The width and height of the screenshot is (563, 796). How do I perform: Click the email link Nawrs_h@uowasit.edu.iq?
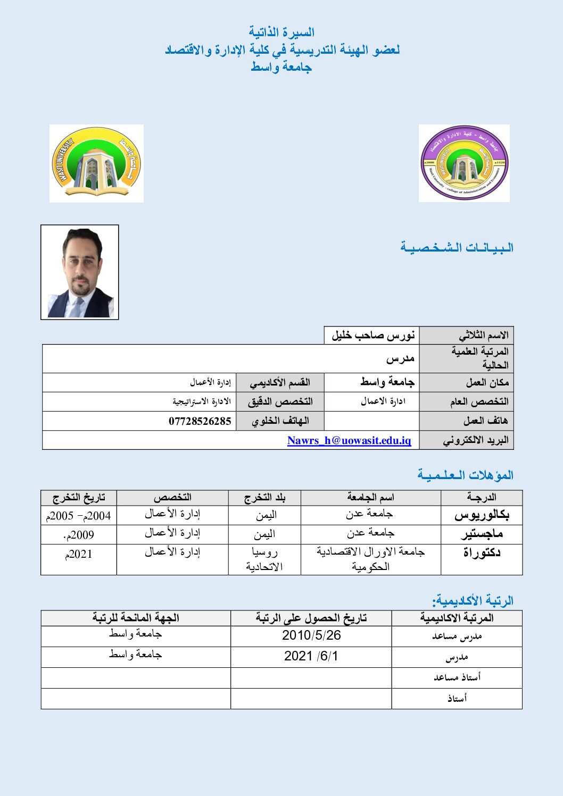tap(349, 440)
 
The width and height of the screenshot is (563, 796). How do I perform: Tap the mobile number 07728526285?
tap(200, 421)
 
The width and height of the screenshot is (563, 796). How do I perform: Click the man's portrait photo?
tap(80, 272)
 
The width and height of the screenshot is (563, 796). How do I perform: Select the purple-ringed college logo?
tap(464, 163)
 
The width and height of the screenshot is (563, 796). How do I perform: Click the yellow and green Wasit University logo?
tap(96, 163)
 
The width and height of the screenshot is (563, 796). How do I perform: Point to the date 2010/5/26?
tap(311, 635)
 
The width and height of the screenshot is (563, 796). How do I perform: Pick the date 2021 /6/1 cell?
tap(311, 656)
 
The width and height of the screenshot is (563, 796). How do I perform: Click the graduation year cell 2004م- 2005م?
tap(79, 515)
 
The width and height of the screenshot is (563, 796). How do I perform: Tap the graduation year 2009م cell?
tap(79, 535)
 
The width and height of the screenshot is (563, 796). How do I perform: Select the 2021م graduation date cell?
tap(79, 554)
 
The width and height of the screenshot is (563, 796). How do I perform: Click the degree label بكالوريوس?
tap(482, 515)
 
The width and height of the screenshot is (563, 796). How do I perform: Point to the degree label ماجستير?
tap(482, 534)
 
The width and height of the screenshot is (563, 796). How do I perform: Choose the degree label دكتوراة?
tap(482, 553)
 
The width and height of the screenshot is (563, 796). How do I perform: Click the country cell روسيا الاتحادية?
tap(264, 559)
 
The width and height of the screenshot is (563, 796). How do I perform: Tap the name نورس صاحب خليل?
tap(372, 336)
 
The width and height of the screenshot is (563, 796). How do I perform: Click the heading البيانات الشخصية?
tap(457, 248)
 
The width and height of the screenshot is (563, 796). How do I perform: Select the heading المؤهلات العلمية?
tap(465, 475)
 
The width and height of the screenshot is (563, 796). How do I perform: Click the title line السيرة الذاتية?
tap(281, 32)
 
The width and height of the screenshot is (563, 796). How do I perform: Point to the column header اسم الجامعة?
tap(370, 497)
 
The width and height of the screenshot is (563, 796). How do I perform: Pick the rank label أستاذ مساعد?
tap(457, 677)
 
